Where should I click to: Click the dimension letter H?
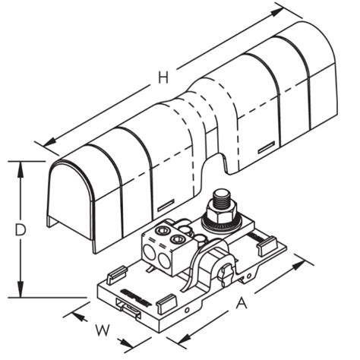pos(163,77)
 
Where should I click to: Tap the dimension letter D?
pos(21,230)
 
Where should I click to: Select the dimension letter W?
pos(103,330)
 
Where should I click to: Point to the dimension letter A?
pos(242,303)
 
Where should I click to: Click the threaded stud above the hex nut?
pos(222,197)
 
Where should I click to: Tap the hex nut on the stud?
pos(223,212)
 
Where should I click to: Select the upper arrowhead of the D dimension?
pos(21,169)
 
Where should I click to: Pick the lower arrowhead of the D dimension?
pos(21,289)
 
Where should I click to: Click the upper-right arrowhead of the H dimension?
pos(276,12)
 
